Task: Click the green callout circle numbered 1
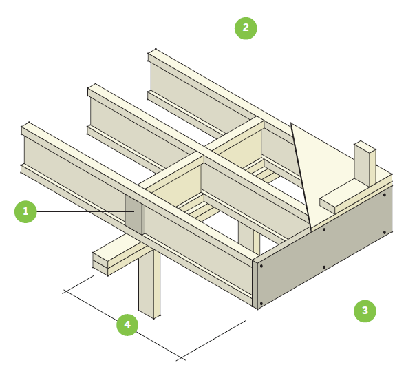25,211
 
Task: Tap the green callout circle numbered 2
246,28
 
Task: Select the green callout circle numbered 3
365,311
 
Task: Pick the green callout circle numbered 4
127,324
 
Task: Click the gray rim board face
323,255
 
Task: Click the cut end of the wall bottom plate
328,205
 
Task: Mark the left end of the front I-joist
26,147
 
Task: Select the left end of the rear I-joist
153,72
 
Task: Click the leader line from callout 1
79,211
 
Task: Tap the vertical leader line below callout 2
246,90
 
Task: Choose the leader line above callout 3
365,269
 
